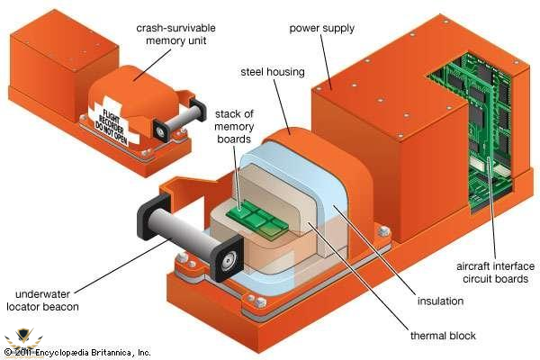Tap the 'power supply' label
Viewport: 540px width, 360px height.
click(322, 28)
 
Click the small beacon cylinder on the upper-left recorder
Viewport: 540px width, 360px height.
click(181, 117)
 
